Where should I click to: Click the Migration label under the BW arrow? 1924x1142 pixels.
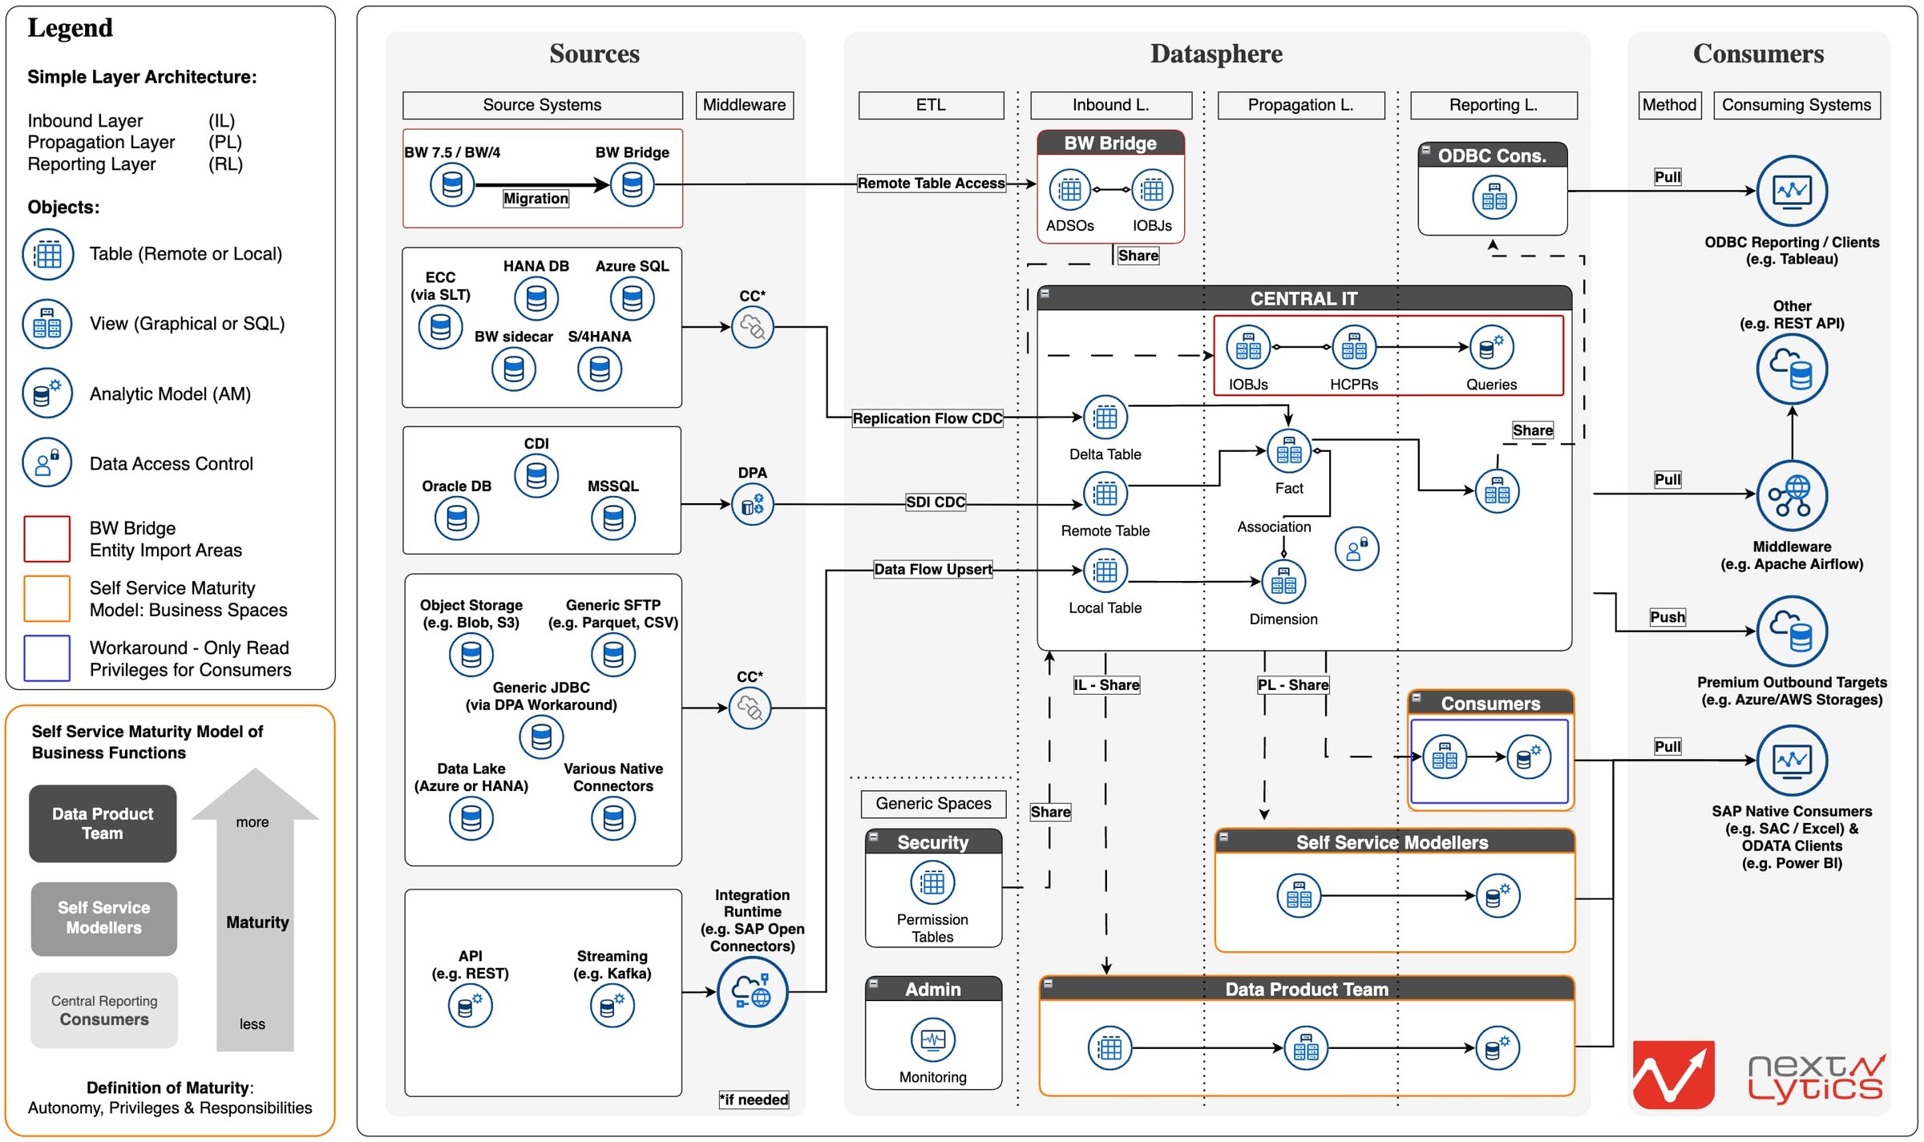coord(536,198)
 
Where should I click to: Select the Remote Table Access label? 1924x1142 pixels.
coord(931,183)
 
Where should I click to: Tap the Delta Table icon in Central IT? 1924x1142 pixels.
coord(1105,417)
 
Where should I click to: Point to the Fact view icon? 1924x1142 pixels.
coord(1288,451)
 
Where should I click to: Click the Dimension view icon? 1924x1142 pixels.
coord(1283,582)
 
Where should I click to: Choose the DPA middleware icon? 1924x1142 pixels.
coord(752,504)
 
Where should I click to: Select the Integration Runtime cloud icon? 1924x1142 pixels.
coord(751,991)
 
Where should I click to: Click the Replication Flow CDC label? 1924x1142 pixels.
coord(927,418)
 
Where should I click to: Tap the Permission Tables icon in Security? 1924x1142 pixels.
coord(932,883)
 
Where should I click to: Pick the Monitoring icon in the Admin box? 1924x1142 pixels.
coord(932,1039)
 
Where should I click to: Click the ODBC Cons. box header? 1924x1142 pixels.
coord(1492,155)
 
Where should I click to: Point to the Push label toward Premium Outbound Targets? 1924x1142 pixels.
coord(1667,616)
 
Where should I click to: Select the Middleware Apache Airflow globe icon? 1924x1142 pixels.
coord(1791,495)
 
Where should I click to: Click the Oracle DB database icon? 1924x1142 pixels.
coord(456,518)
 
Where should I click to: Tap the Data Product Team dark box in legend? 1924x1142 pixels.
coord(103,823)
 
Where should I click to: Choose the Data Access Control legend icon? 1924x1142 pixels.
coord(47,462)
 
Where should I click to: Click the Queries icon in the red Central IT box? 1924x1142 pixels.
coord(1491,347)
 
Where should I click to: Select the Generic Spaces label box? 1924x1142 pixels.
coord(932,803)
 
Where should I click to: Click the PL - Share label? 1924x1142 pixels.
coord(1292,684)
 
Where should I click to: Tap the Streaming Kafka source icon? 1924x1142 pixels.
coord(612,1006)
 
